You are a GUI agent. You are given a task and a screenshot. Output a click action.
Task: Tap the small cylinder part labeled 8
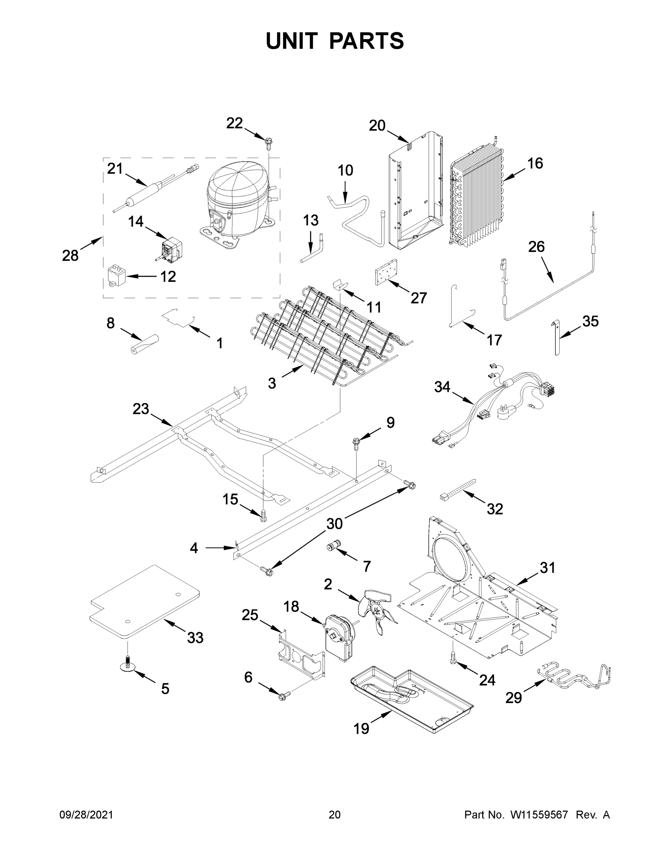pyautogui.click(x=145, y=344)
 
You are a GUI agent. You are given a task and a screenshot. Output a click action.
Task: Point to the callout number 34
pyautogui.click(x=442, y=386)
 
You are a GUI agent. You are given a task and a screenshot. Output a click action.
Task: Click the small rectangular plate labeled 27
pyautogui.click(x=386, y=272)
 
